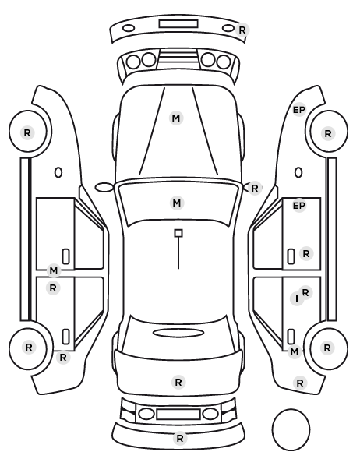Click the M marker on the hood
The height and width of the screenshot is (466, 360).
click(176, 118)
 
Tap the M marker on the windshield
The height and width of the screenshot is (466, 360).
click(177, 203)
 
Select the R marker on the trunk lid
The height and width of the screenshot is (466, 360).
click(178, 382)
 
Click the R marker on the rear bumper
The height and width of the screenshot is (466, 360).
click(180, 438)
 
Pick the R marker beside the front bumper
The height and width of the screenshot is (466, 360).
click(242, 30)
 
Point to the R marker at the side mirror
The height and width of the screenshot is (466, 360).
click(255, 188)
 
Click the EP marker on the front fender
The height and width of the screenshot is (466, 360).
click(299, 110)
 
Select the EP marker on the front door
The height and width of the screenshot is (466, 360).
click(299, 206)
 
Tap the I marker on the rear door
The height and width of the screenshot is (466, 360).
click(297, 299)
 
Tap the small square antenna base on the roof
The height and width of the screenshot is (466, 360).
click(178, 233)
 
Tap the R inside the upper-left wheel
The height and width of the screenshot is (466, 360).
click(27, 132)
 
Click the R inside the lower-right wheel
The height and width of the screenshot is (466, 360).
click(327, 348)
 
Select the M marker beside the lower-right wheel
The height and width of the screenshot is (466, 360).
click(294, 352)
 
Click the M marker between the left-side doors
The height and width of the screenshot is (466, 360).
click(54, 271)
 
